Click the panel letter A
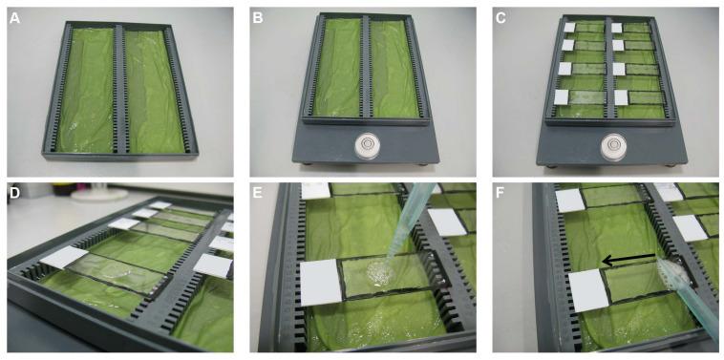[x=15, y=19]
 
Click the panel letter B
[x=258, y=19]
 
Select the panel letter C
[x=501, y=19]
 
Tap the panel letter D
[x=15, y=194]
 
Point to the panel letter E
[x=258, y=194]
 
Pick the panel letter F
[x=501, y=194]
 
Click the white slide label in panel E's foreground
[x=321, y=283]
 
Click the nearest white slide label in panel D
[x=64, y=257]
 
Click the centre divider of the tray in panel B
[x=366, y=68]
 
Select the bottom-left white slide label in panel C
[x=561, y=97]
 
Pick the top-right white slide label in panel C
[x=616, y=28]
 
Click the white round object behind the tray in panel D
[x=98, y=193]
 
